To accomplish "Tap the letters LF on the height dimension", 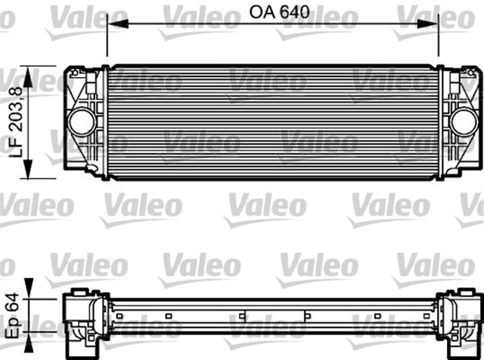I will click(12, 145).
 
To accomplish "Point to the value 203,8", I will click(12, 106).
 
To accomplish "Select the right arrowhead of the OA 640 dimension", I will click(434, 24).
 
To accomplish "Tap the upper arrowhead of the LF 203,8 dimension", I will click(29, 72).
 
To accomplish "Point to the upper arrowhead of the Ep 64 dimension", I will click(29, 284).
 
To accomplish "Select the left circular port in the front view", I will click(80, 120).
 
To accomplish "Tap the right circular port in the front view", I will click(464, 120).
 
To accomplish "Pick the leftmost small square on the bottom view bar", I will click(119, 315).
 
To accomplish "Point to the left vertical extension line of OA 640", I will click(107, 38).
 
